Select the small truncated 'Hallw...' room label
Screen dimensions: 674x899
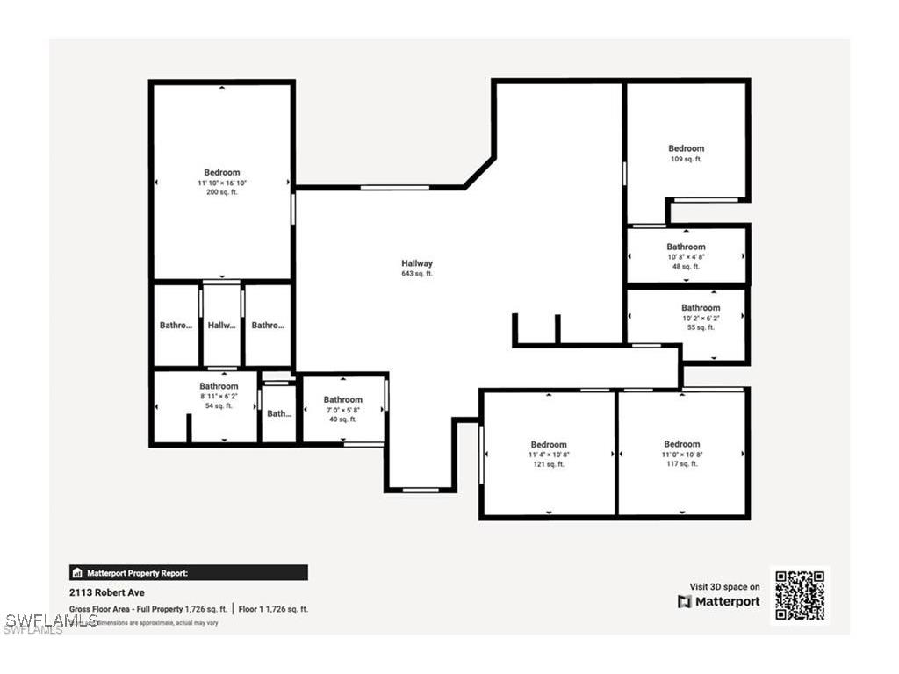pos(222,326)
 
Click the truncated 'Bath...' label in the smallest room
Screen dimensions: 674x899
pos(279,414)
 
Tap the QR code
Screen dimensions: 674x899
pos(800,595)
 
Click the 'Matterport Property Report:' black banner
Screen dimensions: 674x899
pos(189,573)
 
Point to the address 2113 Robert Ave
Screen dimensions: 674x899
pos(106,592)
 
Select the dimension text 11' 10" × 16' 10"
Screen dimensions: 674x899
pos(221,183)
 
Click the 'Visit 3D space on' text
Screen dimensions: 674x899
pos(724,586)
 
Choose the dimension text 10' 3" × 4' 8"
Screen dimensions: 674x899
pos(686,257)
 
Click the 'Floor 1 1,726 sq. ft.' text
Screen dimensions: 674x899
pos(274,609)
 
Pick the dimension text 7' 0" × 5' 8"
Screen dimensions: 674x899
pos(342,410)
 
